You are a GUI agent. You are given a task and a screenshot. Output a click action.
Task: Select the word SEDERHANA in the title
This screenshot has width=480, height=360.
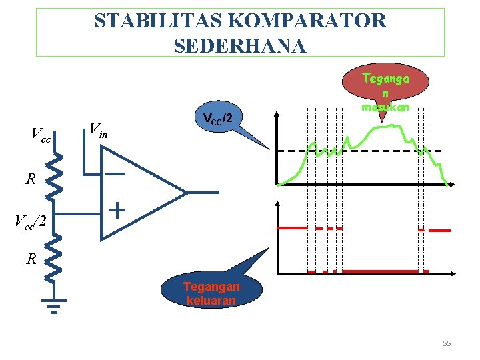pyautogui.click(x=239, y=45)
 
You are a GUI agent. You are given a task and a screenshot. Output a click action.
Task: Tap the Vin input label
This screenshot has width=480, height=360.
pyautogui.click(x=98, y=129)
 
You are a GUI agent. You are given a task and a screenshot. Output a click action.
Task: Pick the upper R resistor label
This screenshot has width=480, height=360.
pyautogui.click(x=31, y=179)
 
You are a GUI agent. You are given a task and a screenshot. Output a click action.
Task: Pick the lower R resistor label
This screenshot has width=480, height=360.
pyautogui.click(x=31, y=259)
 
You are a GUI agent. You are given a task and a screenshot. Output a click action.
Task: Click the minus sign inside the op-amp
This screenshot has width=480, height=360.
pyautogui.click(x=115, y=175)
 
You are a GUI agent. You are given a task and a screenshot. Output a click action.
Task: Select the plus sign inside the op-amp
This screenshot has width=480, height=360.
pyautogui.click(x=117, y=211)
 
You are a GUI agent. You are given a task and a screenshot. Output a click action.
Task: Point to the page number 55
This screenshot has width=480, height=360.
pyautogui.click(x=447, y=343)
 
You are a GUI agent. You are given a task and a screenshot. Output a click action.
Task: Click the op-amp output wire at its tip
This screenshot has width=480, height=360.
pyautogui.click(x=217, y=193)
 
